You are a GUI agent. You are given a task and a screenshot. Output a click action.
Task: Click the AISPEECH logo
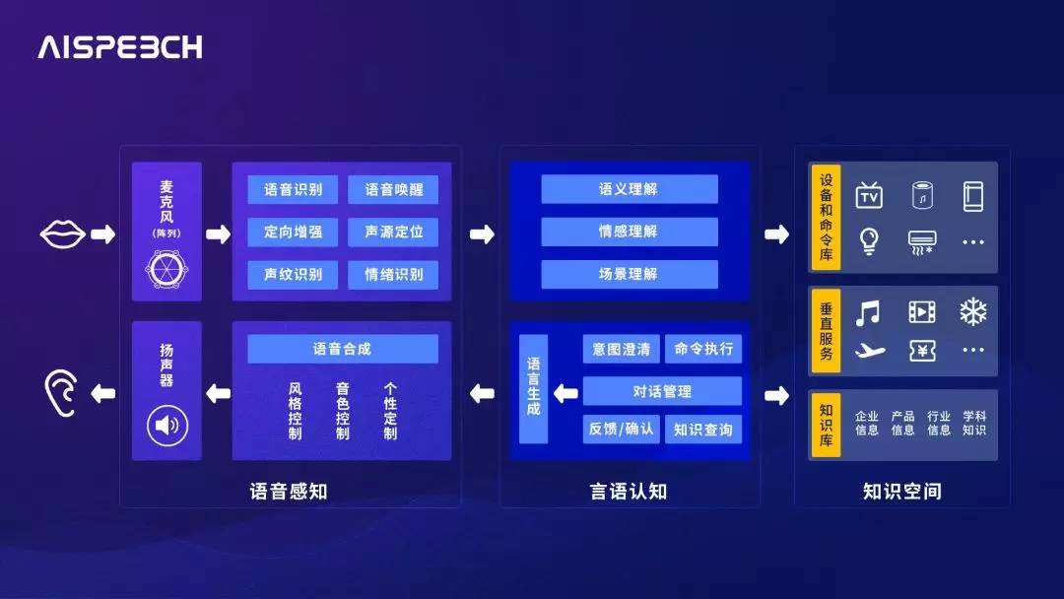(x=120, y=47)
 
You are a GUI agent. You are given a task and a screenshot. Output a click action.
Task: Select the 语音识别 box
(x=293, y=190)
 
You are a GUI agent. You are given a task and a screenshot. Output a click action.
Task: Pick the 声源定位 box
(x=393, y=233)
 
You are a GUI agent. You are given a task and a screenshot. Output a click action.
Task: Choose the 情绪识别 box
(x=393, y=275)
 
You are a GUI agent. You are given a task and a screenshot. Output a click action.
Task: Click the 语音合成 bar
(x=342, y=349)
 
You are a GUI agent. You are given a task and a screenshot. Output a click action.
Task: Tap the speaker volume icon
(x=166, y=426)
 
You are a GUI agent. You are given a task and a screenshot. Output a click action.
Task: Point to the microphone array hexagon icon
(x=166, y=268)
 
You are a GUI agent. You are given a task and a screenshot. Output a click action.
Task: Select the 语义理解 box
(x=629, y=189)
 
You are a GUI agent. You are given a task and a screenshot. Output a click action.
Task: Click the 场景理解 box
(x=629, y=274)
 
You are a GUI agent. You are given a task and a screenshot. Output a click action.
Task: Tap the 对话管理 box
(x=662, y=391)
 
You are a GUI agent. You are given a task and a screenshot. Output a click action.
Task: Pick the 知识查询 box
(x=702, y=429)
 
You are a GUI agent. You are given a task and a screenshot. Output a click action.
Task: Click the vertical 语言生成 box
(x=533, y=389)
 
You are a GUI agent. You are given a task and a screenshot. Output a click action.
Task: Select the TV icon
(x=869, y=196)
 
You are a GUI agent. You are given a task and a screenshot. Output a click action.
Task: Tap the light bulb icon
(x=869, y=241)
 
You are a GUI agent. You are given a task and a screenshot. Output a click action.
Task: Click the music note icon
(x=868, y=313)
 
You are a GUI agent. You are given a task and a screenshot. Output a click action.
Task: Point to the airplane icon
(x=870, y=351)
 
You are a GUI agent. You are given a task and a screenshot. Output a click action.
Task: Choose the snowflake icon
(x=973, y=313)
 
